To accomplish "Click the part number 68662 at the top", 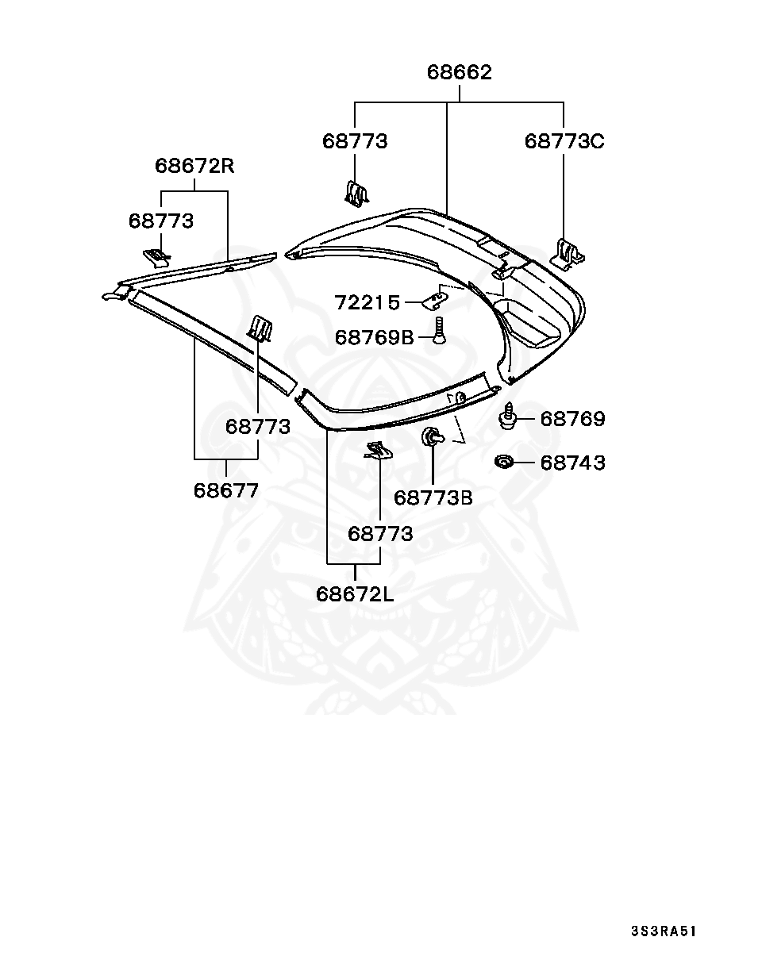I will (x=460, y=72).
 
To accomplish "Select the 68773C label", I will (x=564, y=141).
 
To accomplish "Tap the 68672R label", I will (x=194, y=167).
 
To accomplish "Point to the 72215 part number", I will (x=367, y=302).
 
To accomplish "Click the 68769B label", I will (x=375, y=337).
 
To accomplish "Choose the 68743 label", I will (x=572, y=463).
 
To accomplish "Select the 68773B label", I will (x=433, y=497).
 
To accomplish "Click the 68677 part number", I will (x=226, y=490).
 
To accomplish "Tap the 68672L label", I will (x=355, y=593).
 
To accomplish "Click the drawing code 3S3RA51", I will (x=664, y=931).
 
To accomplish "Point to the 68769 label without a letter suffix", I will (x=572, y=419).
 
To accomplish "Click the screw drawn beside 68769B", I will (x=438, y=330).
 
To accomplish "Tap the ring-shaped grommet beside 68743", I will (x=503, y=462).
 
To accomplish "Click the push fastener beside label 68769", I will (x=508, y=417).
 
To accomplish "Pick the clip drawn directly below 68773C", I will (x=569, y=252).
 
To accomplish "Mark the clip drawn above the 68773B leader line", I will (x=432, y=436).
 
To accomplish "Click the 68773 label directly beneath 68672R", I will (x=161, y=221).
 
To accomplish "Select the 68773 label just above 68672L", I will (x=380, y=534).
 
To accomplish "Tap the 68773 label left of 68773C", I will (x=355, y=141).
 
